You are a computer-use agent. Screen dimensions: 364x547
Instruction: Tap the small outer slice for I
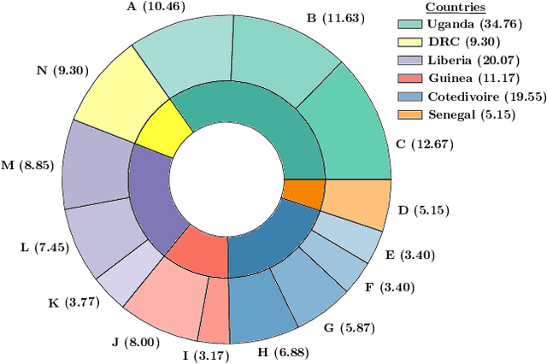tap(214, 313)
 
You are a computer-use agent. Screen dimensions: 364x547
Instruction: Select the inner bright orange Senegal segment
tap(303, 193)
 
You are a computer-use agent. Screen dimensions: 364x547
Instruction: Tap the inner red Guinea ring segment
tap(196, 248)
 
